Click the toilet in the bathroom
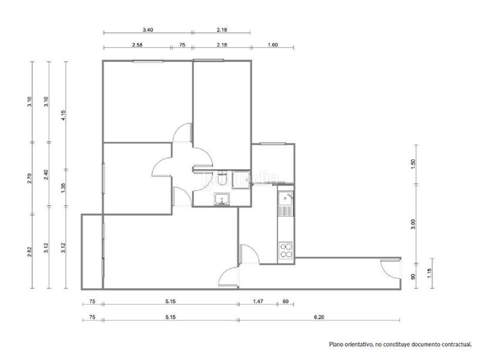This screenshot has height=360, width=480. [222, 178]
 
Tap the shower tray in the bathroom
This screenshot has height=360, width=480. [241, 179]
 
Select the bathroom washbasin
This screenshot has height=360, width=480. [221, 199]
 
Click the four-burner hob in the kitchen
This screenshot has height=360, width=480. [286, 251]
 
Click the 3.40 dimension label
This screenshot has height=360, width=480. [148, 29]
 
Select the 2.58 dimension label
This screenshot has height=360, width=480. [137, 44]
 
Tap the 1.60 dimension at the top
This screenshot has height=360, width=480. [272, 44]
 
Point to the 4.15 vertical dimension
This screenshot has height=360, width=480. [64, 115]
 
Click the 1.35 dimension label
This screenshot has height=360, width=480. [64, 188]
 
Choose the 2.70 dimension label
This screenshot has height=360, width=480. [29, 178]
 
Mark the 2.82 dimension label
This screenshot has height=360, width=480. [29, 251]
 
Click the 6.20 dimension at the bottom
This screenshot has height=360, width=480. [319, 317]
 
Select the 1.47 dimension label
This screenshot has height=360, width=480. [258, 302]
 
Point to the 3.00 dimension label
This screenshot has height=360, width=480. [413, 224]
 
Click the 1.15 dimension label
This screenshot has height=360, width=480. [429, 274]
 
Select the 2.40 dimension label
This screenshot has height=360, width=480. [46, 175]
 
